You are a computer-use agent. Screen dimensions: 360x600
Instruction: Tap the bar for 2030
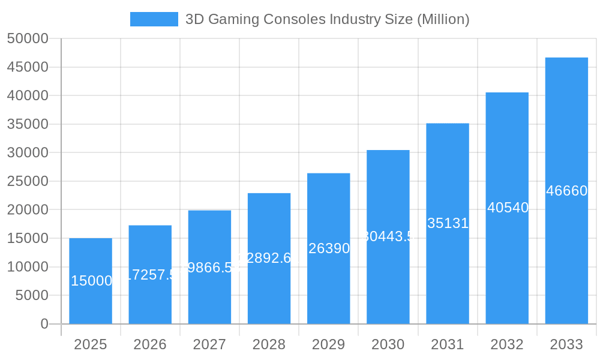coord(388,236)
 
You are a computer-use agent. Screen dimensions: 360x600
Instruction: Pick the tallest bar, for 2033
coord(566,190)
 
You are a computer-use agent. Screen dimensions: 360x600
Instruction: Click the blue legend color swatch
coord(154,19)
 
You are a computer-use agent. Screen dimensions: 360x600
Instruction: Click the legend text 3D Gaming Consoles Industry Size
coord(327,19)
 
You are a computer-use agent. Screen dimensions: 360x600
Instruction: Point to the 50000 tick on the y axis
coord(27,38)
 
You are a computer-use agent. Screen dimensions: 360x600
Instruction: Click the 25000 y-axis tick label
coord(27,181)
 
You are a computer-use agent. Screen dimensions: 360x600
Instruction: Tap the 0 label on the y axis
coord(44,324)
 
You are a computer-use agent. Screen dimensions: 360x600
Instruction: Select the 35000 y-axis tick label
coord(27,124)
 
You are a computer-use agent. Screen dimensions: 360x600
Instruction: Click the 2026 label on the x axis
coord(150,344)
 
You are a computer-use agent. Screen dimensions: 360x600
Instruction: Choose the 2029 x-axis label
coord(328,344)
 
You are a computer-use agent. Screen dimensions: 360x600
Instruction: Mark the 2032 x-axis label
coord(507,344)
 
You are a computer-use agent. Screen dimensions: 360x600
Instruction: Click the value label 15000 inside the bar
coord(91,281)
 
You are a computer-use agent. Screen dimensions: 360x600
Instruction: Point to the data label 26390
coord(329,248)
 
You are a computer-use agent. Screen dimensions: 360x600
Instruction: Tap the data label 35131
coord(448,223)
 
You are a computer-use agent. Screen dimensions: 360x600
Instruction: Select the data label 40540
coord(508,208)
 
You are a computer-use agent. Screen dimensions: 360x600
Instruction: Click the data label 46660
coord(566,191)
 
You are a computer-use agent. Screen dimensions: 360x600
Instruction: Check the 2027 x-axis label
coord(209,344)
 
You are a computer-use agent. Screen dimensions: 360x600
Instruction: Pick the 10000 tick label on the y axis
coord(27,267)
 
